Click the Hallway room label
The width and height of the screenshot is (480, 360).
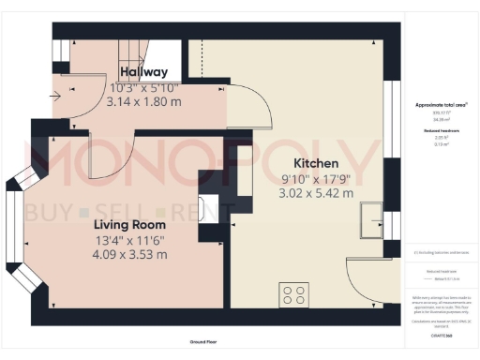(143, 72)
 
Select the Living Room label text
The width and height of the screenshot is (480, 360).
(129, 225)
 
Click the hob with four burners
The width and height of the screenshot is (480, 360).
(293, 294)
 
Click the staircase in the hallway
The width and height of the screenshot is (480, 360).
(140, 52)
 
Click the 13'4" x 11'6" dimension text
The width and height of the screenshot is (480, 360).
(129, 240)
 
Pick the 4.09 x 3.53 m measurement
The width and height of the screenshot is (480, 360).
(129, 254)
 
